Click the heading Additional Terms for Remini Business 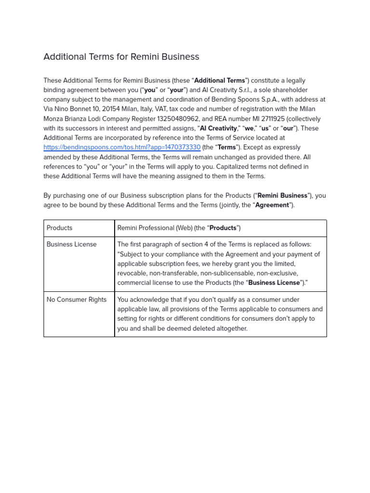121,57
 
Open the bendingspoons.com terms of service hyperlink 122,147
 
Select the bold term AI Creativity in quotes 218,129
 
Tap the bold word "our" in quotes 288,129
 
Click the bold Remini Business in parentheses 282,195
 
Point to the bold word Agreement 272,205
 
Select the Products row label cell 59,228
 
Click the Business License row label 71,245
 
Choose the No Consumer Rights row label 76,299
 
